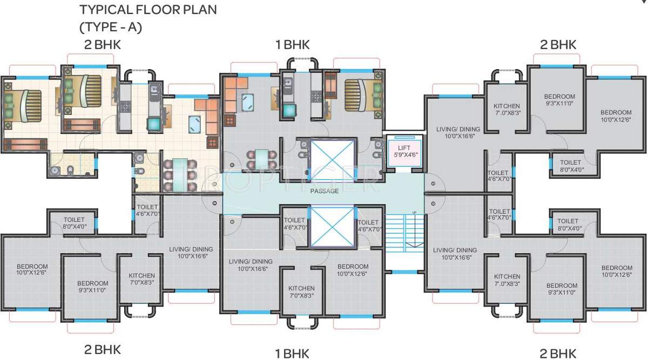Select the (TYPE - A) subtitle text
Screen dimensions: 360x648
click(x=111, y=27)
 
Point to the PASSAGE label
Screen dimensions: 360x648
click(x=324, y=191)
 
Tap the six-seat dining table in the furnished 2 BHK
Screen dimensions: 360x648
click(x=180, y=174)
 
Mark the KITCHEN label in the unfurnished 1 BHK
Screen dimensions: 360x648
click(x=301, y=291)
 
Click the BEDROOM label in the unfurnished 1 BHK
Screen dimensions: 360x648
click(x=353, y=270)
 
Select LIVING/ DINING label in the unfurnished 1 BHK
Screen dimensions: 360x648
click(x=251, y=264)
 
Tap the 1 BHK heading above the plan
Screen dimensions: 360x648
click(x=292, y=45)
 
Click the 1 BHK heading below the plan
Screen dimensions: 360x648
click(x=292, y=354)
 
